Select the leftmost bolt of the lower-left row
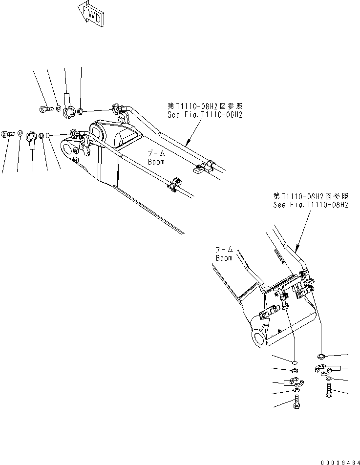7,133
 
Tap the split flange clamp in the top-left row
69,111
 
